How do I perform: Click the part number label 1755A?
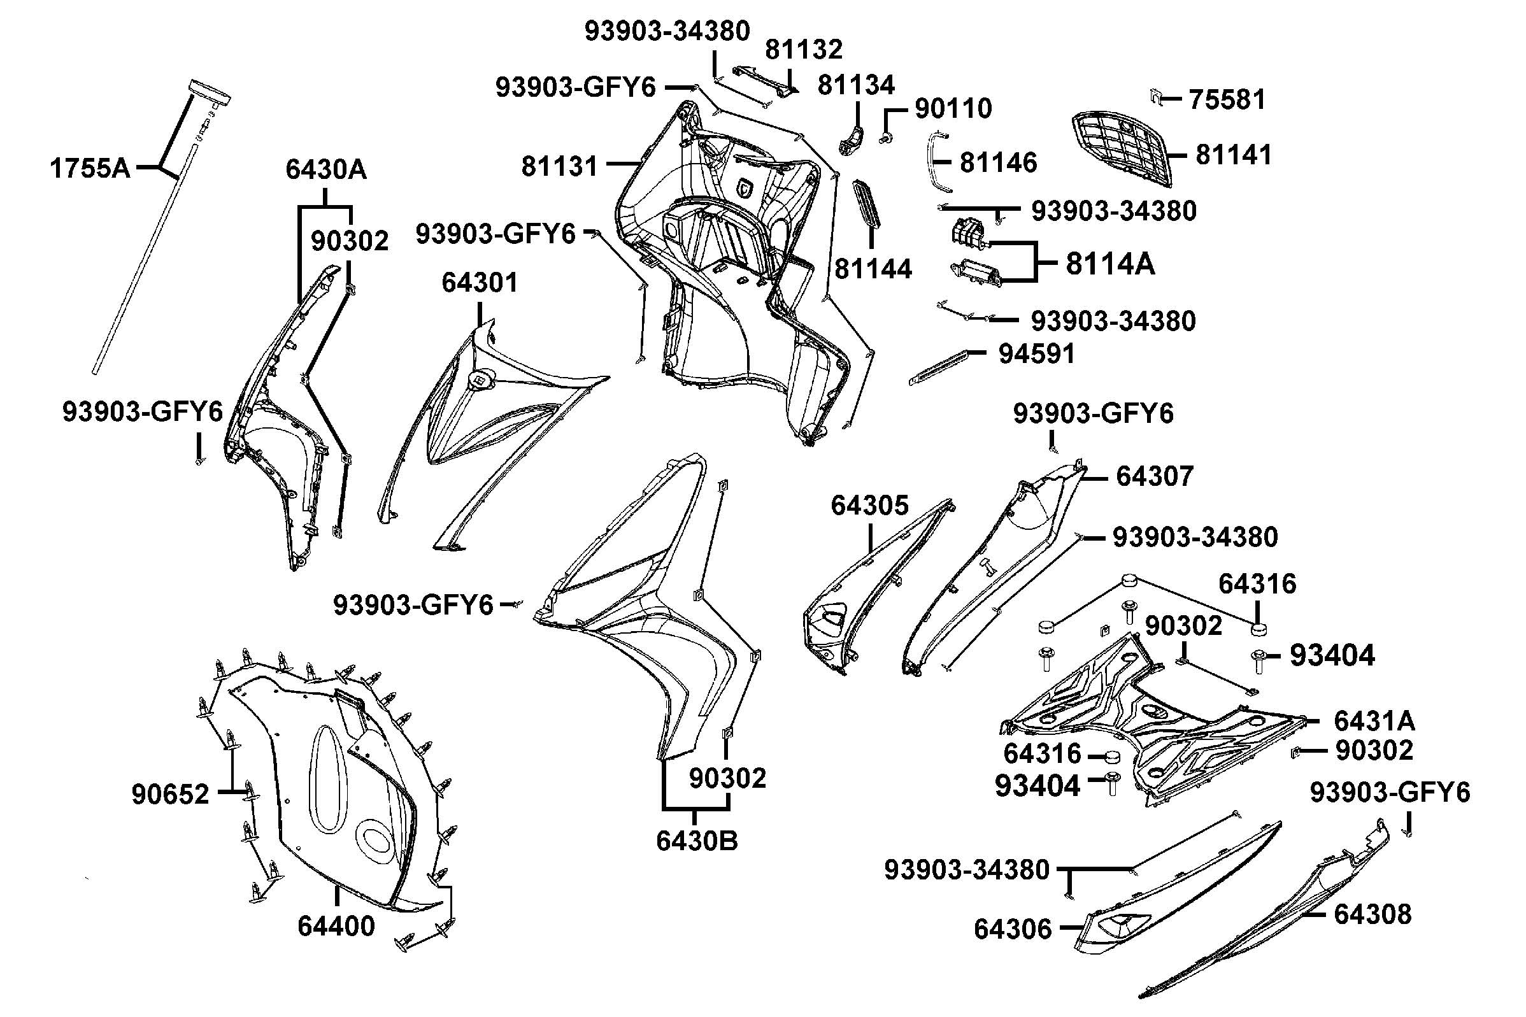[90, 169]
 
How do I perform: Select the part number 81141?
[1234, 155]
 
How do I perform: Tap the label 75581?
[1227, 100]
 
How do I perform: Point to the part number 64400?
[336, 926]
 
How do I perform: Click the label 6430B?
[697, 841]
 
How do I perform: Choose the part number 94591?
[1036, 354]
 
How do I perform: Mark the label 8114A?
[1110, 265]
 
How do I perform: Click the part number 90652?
[170, 794]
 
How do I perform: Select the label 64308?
[1373, 914]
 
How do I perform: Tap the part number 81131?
[559, 167]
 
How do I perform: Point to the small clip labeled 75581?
[1154, 97]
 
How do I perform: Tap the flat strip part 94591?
[938, 366]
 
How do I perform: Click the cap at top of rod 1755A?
[209, 92]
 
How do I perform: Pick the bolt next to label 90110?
[885, 138]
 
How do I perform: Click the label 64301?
[480, 283]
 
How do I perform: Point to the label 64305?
[870, 505]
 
